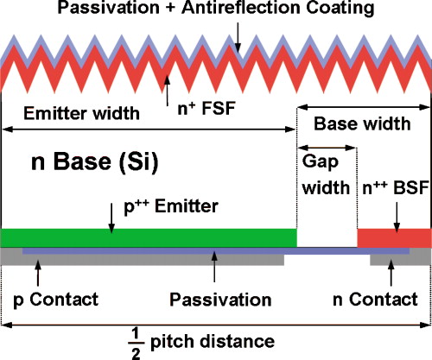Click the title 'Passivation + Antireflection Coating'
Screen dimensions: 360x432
tap(216, 9)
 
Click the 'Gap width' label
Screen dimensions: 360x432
tap(326, 176)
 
